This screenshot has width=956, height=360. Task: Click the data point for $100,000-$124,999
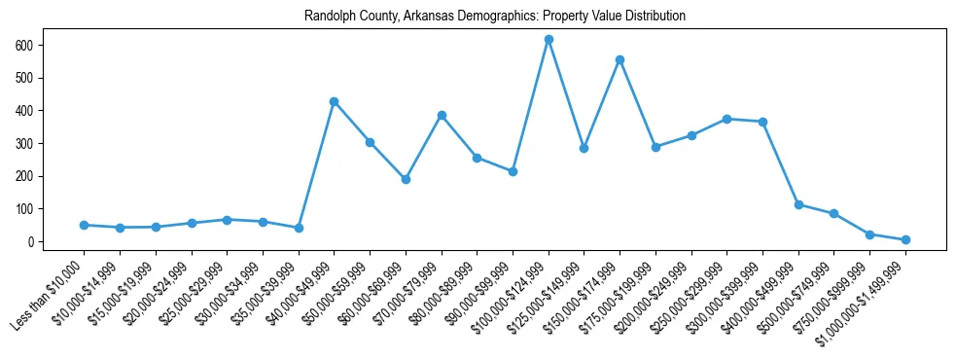click(549, 40)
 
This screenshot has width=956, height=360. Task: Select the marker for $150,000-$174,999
click(620, 60)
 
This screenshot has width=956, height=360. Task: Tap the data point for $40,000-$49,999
click(334, 101)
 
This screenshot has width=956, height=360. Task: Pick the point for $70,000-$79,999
click(442, 115)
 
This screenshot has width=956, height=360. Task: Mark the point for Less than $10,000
click(84, 225)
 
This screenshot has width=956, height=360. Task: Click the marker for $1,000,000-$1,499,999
click(905, 239)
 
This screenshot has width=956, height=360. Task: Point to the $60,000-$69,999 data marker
click(406, 179)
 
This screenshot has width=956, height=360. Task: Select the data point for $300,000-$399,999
click(762, 122)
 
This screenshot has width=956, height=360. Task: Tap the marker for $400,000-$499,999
click(798, 204)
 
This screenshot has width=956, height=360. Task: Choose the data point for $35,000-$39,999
click(299, 228)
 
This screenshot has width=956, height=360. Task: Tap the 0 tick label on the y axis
click(31, 241)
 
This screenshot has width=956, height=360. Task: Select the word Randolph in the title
click(327, 17)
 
